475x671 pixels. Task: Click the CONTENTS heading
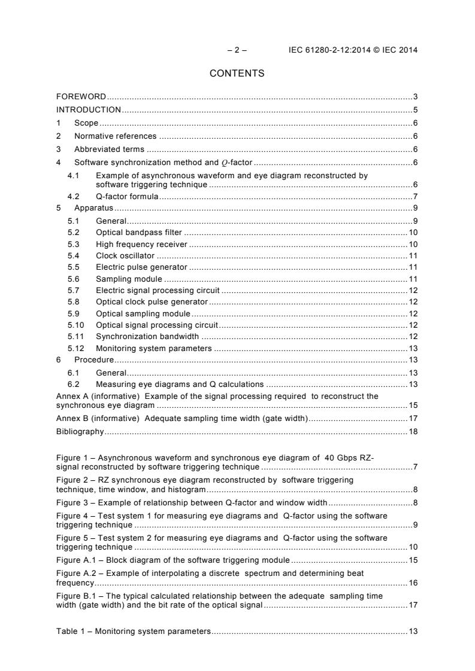coord(237,74)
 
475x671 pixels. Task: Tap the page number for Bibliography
coord(413,431)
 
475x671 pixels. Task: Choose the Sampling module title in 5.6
coord(129,279)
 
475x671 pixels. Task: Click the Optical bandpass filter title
coord(139,232)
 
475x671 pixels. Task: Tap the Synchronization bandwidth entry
coord(147,337)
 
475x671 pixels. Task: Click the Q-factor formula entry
coord(127,197)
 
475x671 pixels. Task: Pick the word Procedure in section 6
coord(94,360)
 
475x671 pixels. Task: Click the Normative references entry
coord(115,136)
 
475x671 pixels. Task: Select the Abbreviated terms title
coord(109,149)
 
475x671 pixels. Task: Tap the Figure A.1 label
coord(76,560)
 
